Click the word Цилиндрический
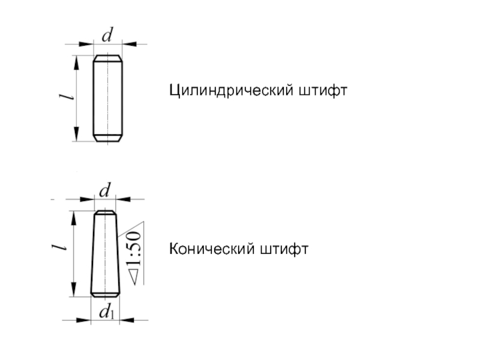pos(230,92)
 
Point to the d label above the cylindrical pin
pos(108,35)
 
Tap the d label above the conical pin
pos(105,191)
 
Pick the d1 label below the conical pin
pos(107,312)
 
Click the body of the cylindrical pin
pos(109,98)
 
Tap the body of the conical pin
pos(105,255)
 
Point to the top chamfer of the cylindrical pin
pos(109,58)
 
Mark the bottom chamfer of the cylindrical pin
pos(109,139)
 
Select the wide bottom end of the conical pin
pos(105,294)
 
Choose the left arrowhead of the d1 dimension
pos(85,321)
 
